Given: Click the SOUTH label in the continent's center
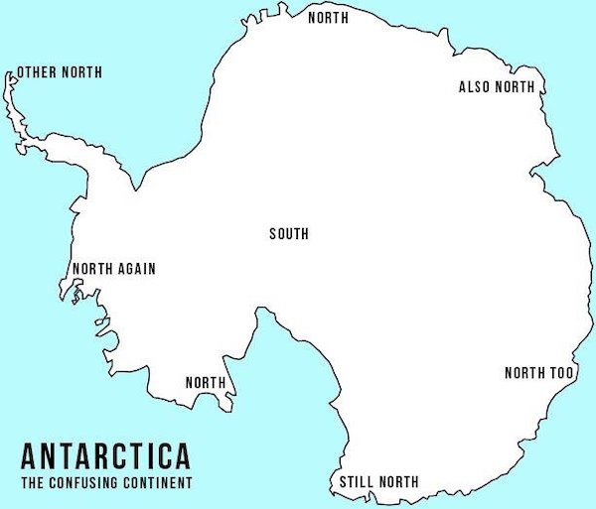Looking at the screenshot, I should click(289, 234).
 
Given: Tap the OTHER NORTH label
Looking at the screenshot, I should click(59, 72).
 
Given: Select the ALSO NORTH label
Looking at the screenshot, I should click(497, 87).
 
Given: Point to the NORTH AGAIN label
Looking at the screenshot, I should click(113, 269).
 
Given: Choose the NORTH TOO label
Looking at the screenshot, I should click(539, 373).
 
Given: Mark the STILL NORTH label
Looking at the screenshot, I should click(378, 483).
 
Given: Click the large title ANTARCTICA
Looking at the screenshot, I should click(105, 457).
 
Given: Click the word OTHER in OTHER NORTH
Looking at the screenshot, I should click(36, 72).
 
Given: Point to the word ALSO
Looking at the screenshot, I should click(474, 87).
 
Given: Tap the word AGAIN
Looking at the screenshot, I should click(136, 269).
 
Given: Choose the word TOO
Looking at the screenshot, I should click(562, 373).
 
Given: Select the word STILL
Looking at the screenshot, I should click(356, 483).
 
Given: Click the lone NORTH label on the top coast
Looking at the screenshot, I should click(328, 17).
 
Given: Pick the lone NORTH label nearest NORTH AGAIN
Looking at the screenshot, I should click(206, 383).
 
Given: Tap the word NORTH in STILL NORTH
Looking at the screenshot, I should click(397, 483).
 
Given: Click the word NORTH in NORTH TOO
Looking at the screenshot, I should click(525, 373).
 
